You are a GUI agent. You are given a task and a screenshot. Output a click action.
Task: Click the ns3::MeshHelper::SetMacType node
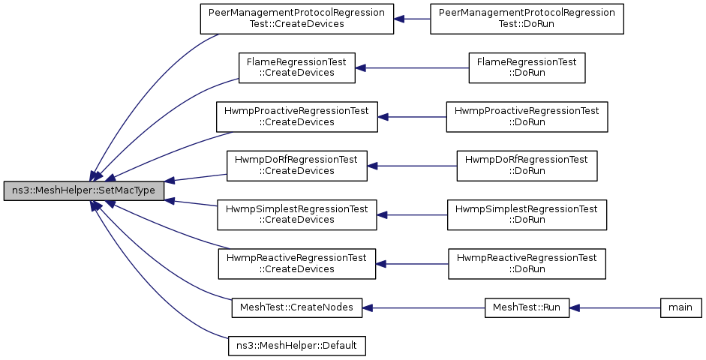(x=84, y=190)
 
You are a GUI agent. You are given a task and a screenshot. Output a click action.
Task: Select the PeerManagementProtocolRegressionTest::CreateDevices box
(x=296, y=19)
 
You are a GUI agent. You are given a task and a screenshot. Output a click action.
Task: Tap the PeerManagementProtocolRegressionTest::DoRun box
(x=527, y=19)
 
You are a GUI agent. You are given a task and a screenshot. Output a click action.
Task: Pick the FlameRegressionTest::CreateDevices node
(x=296, y=68)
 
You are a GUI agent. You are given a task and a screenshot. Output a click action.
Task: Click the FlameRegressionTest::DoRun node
(x=527, y=68)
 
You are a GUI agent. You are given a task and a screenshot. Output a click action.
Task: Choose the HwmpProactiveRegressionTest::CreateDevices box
(x=296, y=117)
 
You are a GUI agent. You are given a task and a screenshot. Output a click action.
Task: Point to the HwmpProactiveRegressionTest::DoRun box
(x=527, y=117)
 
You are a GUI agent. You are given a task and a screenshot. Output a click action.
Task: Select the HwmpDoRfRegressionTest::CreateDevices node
(x=296, y=166)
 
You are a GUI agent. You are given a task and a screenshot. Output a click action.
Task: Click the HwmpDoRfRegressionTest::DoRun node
(x=527, y=166)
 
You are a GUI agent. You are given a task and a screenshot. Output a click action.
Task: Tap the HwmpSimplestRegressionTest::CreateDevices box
(x=296, y=215)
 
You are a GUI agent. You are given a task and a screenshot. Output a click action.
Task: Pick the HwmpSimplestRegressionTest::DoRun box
(x=527, y=215)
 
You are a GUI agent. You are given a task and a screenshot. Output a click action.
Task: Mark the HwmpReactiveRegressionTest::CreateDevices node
(x=296, y=264)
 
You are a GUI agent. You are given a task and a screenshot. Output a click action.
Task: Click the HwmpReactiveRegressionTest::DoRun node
(x=527, y=264)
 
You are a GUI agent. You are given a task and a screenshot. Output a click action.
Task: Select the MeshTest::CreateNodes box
(x=296, y=307)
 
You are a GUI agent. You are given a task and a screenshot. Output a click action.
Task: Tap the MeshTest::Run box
(x=527, y=307)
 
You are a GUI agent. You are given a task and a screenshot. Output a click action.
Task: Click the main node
(x=680, y=307)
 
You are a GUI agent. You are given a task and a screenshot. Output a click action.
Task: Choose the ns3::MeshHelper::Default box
(x=296, y=346)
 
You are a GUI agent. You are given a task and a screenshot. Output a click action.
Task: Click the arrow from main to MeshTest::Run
(x=614, y=307)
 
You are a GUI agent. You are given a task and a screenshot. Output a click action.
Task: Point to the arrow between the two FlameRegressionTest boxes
(x=412, y=68)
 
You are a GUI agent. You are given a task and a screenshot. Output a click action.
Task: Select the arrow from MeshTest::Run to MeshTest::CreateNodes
(x=423, y=307)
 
